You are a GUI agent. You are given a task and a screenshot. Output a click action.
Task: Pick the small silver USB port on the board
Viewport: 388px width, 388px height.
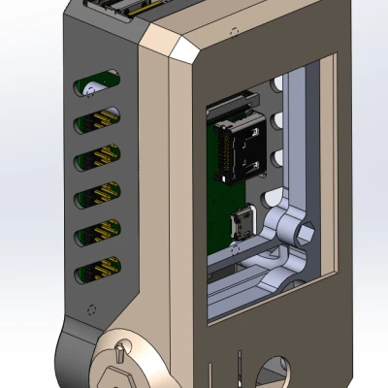[239, 226]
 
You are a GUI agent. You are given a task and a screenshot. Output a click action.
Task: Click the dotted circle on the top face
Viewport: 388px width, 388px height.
[232, 30]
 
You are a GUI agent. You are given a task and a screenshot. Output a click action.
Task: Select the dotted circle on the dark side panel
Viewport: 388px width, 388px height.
[92, 311]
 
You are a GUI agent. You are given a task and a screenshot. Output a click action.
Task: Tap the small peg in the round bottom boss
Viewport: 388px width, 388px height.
[121, 347]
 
